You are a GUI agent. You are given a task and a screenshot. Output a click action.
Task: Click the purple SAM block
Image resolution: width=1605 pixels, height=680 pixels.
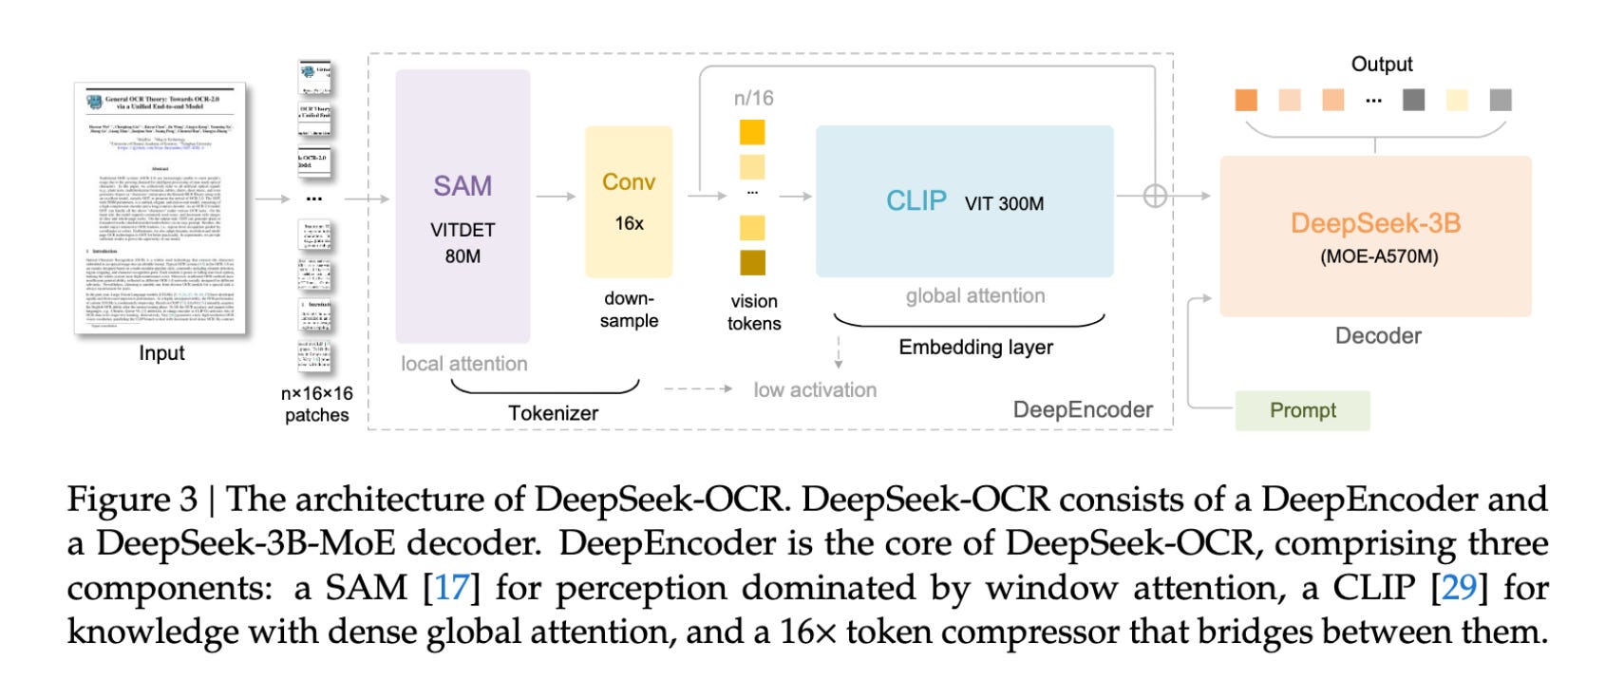click(463, 206)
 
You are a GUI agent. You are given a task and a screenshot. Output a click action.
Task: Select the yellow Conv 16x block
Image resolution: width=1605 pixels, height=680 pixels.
click(629, 201)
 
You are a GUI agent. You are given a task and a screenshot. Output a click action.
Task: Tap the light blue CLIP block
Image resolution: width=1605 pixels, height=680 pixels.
click(964, 201)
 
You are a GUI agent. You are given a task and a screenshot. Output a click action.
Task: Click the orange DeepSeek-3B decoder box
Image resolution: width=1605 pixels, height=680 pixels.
click(1375, 236)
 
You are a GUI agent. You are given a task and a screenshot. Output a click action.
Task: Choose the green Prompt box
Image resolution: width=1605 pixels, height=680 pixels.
click(1302, 410)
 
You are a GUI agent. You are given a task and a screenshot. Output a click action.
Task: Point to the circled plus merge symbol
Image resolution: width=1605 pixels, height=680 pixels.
click(1155, 197)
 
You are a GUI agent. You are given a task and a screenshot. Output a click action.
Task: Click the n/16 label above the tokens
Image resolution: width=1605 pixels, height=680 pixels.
click(753, 98)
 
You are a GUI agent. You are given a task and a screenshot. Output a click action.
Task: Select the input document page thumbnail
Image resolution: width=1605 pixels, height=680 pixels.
click(160, 208)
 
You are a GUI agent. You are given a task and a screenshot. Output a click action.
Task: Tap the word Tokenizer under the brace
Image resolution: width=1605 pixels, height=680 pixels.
click(553, 413)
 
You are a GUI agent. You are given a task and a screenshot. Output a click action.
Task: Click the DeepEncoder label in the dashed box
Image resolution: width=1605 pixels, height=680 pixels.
click(1083, 409)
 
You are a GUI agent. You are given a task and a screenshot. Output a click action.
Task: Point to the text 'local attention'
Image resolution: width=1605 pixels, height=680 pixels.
click(463, 364)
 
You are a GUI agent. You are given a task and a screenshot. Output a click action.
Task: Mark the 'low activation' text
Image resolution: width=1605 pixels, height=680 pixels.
click(815, 389)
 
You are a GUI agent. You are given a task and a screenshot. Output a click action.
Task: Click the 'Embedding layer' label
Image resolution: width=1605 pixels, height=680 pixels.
click(975, 348)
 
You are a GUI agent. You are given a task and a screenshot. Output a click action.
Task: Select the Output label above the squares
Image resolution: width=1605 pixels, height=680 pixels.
click(1382, 64)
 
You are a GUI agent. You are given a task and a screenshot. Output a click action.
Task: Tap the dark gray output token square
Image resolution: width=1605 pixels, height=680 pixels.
click(1413, 100)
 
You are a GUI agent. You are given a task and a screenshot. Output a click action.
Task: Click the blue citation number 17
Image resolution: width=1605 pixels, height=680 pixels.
click(451, 588)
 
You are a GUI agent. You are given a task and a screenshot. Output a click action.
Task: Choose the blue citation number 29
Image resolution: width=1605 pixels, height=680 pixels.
click(1459, 588)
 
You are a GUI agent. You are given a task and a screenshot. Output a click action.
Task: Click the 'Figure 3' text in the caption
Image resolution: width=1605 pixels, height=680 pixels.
click(132, 500)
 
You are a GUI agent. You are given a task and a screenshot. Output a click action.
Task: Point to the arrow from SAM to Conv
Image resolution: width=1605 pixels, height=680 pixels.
click(557, 197)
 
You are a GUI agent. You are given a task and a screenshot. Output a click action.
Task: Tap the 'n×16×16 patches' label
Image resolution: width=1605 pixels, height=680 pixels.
click(316, 404)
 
